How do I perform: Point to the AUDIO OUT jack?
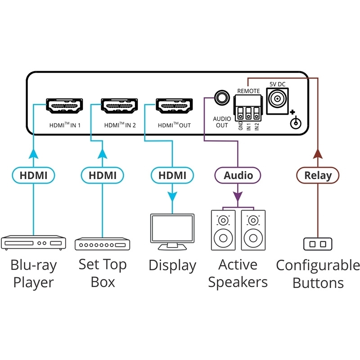coord(221,97)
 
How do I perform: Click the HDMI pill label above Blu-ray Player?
coord(34,175)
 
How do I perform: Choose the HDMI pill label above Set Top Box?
coord(102,175)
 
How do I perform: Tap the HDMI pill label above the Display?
coord(172,175)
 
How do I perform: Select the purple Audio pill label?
coord(238,175)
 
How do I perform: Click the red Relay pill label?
coord(318,175)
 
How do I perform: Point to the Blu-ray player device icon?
coord(34,243)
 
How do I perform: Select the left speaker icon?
coord(224,230)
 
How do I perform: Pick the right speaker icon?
coord(252,230)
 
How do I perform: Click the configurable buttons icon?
coord(318,244)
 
